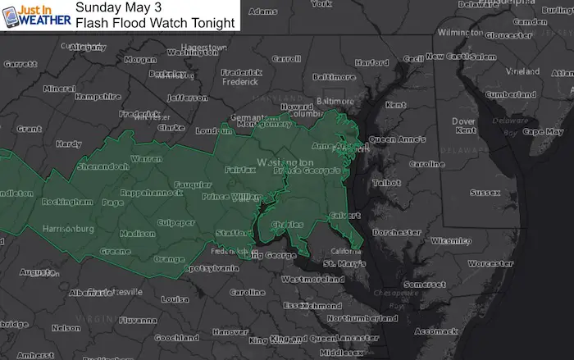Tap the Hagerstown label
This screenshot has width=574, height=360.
tap(202, 48)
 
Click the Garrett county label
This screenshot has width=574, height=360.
tap(20, 64)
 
